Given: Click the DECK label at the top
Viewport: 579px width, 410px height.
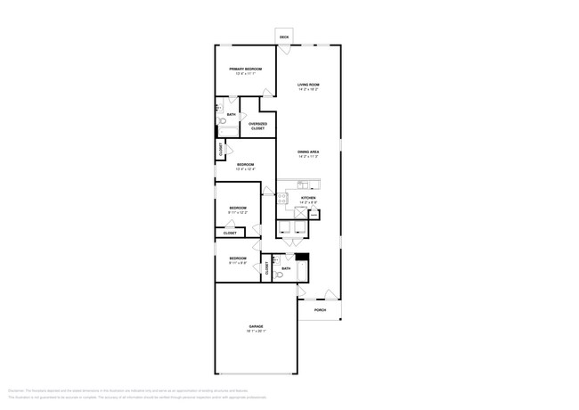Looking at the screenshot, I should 284,37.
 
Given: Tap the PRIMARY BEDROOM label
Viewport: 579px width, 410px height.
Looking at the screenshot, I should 244,69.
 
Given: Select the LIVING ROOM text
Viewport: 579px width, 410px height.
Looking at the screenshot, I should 308,85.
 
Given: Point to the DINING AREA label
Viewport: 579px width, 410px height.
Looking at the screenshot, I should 308,152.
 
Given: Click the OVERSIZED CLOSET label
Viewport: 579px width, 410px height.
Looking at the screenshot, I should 257,126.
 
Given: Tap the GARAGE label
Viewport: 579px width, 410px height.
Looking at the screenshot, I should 256,328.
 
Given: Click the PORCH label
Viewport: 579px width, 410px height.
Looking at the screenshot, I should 320,310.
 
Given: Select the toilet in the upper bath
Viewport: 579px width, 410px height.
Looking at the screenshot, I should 223,122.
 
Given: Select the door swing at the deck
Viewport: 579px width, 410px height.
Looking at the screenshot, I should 283,49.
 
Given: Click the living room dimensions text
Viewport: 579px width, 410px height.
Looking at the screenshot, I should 308,90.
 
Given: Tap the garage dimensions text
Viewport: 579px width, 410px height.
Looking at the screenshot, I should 256,333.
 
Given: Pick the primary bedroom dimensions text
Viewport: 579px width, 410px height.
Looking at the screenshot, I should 244,74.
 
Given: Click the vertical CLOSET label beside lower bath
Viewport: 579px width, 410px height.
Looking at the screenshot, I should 266,266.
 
